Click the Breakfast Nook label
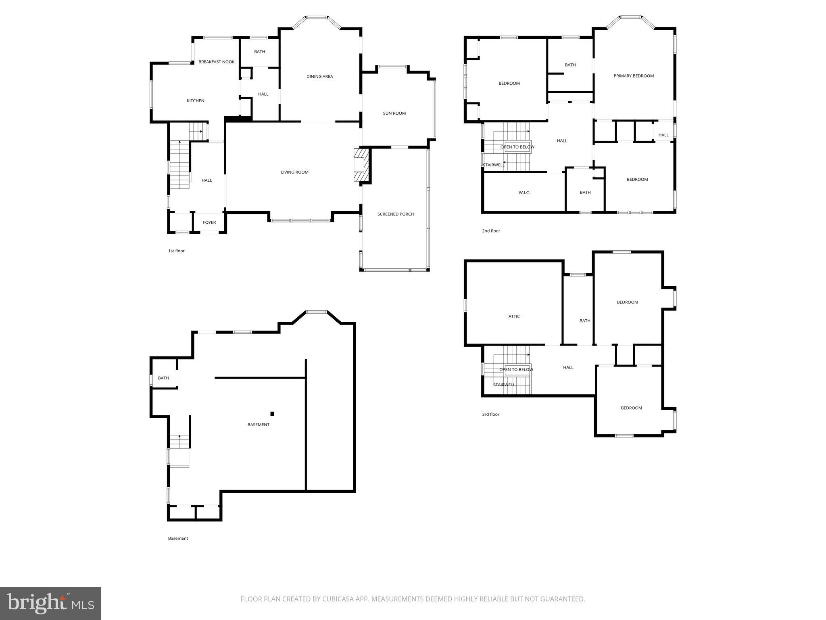tap(216, 62)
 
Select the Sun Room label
tap(394, 113)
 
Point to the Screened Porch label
tap(395, 214)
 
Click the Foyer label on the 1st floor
tap(209, 222)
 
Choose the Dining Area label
tap(319, 77)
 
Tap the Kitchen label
tap(195, 101)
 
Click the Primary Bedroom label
tap(633, 76)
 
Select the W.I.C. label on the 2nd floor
tap(524, 193)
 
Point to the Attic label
tap(514, 316)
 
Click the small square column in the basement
tap(272, 414)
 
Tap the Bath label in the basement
tap(163, 378)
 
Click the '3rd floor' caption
tap(490, 415)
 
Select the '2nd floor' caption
tap(491, 231)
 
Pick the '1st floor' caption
tap(176, 251)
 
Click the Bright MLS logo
tap(50, 603)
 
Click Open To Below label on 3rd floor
tap(516, 370)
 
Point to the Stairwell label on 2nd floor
tap(494, 165)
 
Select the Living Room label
tap(294, 172)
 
